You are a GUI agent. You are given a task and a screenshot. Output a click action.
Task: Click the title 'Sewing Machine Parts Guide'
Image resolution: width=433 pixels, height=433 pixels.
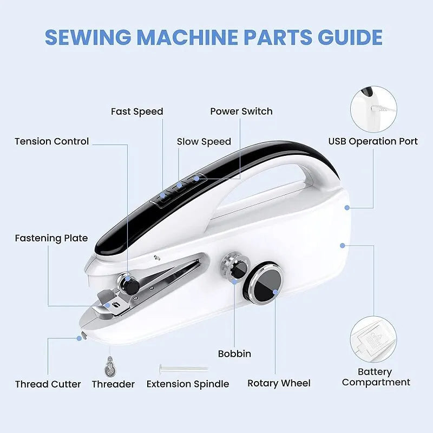pos(214,37)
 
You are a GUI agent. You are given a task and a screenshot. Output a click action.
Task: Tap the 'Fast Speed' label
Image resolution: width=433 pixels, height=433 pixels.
pos(137,111)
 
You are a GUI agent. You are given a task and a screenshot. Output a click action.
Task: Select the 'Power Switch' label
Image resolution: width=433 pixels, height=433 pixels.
pos(241,111)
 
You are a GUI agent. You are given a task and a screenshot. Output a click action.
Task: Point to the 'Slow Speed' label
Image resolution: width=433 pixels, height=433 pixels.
pos(204,142)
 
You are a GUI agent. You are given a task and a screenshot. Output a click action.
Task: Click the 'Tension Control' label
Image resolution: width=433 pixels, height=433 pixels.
pos(51,142)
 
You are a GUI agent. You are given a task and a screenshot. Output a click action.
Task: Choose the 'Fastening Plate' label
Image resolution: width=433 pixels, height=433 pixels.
pos(51,238)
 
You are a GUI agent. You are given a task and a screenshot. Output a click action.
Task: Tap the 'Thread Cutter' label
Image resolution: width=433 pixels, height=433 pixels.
pos(48,384)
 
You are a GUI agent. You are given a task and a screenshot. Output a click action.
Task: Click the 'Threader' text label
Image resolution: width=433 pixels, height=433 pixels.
pos(113,384)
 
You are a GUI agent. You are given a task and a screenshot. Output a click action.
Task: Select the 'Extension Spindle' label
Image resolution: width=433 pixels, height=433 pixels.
pos(188,384)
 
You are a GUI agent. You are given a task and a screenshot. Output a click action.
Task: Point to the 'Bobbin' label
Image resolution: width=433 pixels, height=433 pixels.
pos(234,354)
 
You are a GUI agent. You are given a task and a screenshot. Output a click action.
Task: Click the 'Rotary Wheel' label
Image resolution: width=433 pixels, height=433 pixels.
pos(279,383)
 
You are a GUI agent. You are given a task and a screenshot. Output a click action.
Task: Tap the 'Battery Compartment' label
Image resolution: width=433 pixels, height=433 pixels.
pos(376,377)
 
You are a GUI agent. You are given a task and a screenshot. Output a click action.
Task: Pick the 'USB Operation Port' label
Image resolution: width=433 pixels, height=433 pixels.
pos(373,142)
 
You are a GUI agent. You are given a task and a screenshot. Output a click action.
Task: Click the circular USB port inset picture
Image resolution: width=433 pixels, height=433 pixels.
pos(374,110)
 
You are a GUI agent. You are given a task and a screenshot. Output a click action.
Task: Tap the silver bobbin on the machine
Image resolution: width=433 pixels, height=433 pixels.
pos(231,267)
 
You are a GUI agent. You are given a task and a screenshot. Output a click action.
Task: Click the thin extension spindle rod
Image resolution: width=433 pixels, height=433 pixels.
pos(183,368)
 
